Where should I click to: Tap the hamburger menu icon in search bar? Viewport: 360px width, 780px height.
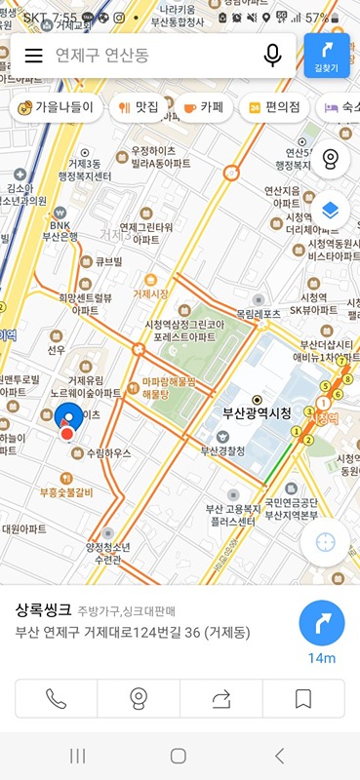point(33,56)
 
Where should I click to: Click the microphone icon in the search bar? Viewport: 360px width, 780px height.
point(272,56)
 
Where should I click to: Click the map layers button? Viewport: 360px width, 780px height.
point(330,210)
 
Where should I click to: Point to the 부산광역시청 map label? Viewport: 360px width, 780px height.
point(257,412)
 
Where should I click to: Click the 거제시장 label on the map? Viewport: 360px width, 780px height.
point(150,292)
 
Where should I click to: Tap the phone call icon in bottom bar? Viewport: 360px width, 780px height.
point(57,697)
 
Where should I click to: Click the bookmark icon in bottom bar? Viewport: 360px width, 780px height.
point(303,697)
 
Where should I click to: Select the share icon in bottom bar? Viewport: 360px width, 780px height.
point(220,697)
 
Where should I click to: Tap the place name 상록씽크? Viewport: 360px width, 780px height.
point(43,610)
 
